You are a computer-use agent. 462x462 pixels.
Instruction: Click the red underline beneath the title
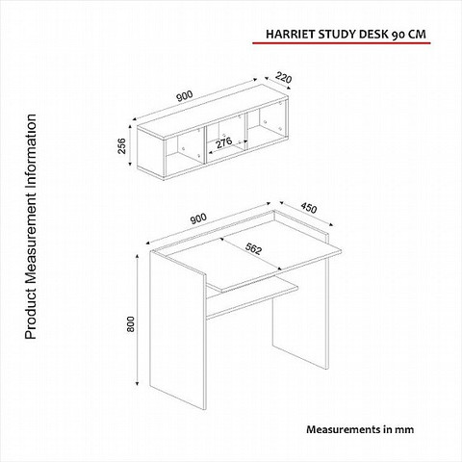[342, 42]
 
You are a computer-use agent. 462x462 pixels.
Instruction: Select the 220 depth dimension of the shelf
[284, 78]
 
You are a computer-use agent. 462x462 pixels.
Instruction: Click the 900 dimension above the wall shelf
[185, 96]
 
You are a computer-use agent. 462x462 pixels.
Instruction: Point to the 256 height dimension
[122, 146]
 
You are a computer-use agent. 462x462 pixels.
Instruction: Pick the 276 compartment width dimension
[223, 142]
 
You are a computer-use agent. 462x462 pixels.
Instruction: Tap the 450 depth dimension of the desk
[309, 208]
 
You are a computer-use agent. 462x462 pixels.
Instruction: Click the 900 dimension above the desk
[198, 218]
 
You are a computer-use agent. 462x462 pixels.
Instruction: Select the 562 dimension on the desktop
[253, 249]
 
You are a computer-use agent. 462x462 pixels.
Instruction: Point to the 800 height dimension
[131, 324]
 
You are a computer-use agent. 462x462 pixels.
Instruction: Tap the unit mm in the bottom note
[404, 430]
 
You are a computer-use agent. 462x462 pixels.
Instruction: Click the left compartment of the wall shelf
[185, 148]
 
